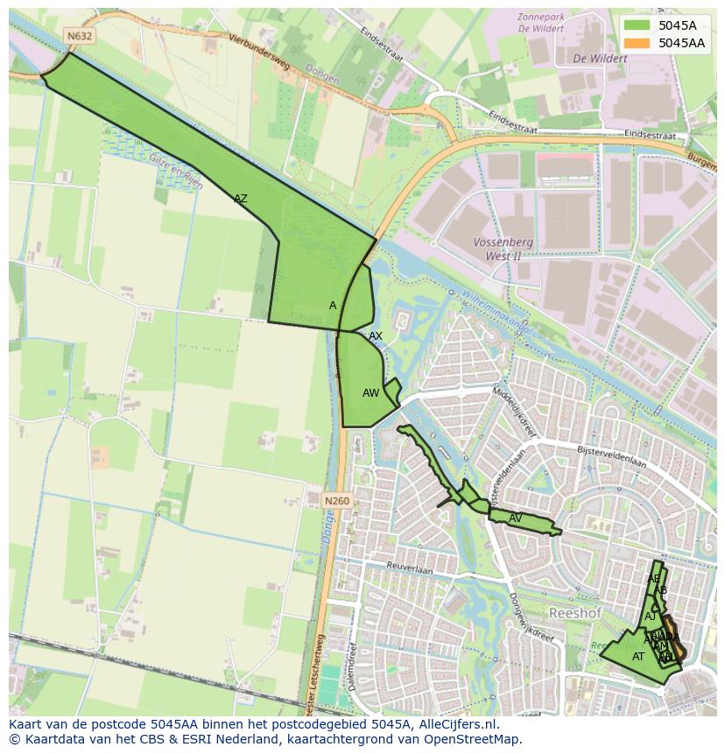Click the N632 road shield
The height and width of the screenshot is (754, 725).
pos(79,36)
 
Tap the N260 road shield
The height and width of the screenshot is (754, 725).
pos(336,501)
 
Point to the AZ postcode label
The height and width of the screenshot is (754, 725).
pos(241,199)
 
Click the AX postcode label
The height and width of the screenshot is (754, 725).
pos(376,336)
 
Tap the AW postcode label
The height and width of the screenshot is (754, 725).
pos(370,393)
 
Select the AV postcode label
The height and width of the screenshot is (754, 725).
pos(516,518)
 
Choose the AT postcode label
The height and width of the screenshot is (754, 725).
pos(638,656)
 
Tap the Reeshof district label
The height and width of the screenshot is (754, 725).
pos(574,613)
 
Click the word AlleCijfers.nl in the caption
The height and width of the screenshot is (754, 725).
pos(456,724)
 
